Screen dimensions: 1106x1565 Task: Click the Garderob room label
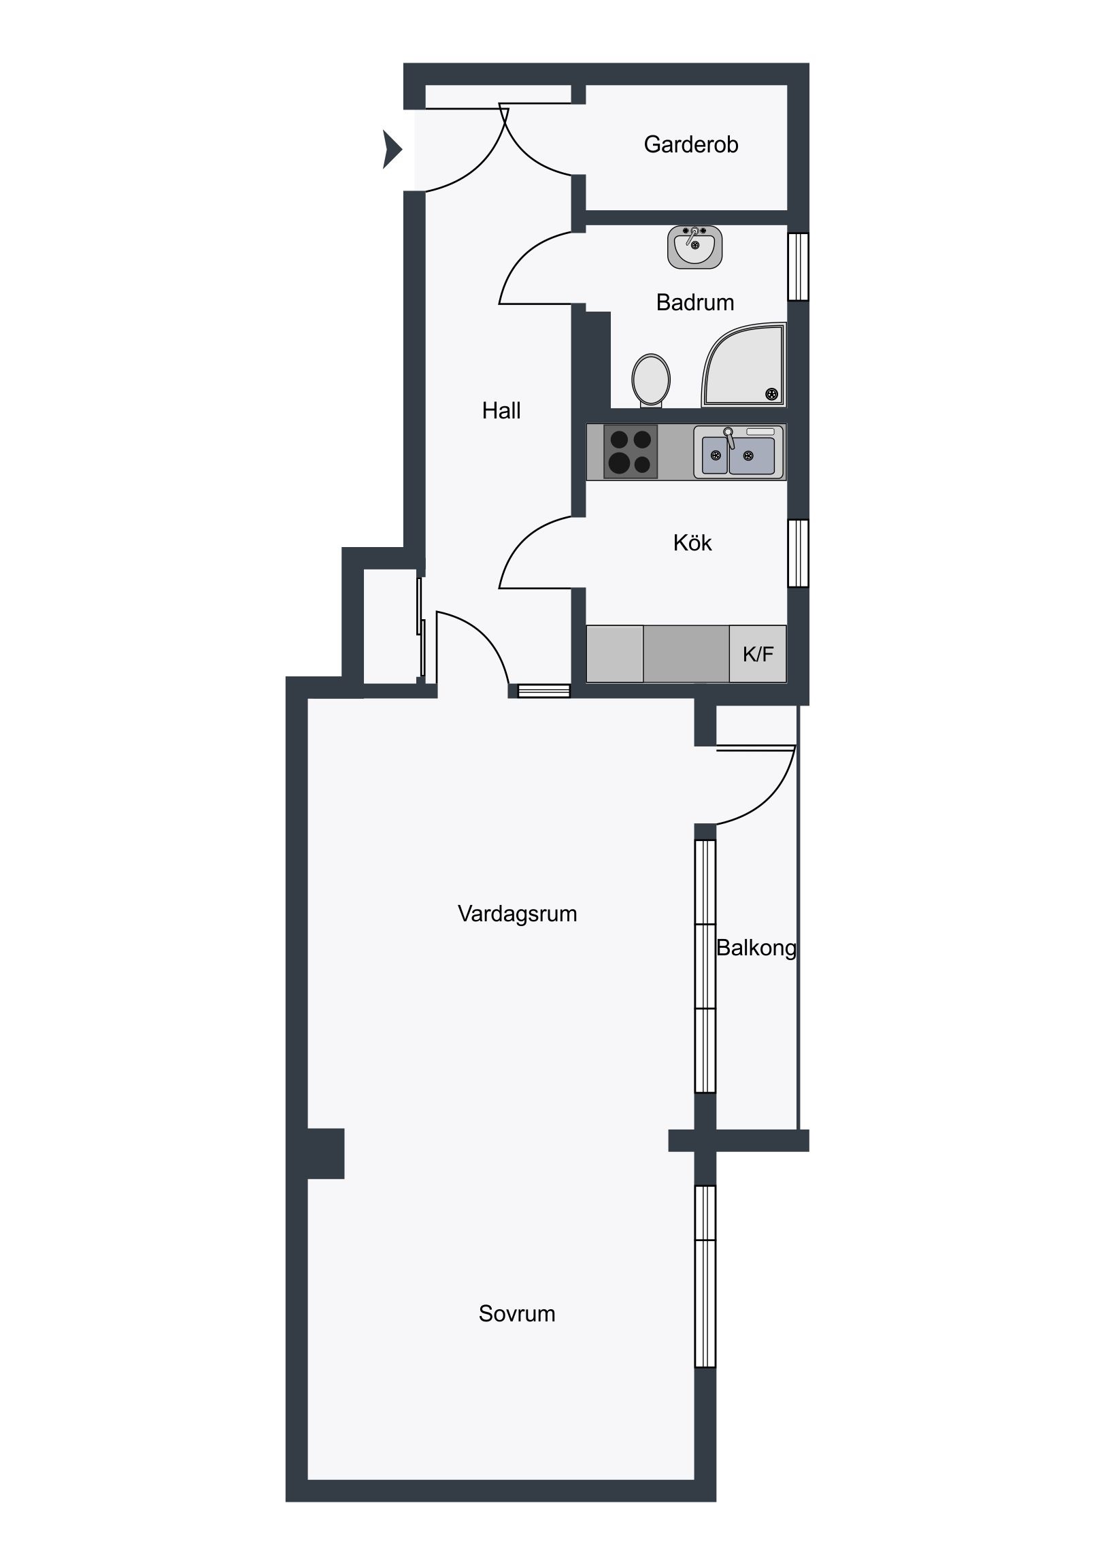(x=690, y=144)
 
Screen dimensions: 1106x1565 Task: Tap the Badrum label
(x=694, y=302)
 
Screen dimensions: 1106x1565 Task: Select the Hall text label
(x=501, y=410)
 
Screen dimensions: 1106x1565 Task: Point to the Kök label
(x=692, y=542)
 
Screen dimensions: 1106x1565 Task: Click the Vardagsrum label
(x=517, y=913)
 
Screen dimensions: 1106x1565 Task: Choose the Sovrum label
(x=516, y=1313)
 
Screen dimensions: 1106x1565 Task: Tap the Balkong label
(x=756, y=948)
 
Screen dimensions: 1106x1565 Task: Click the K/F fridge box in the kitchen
(x=758, y=654)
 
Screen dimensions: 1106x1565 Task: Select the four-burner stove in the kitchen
(x=631, y=452)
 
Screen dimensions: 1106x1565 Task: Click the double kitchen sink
(x=739, y=451)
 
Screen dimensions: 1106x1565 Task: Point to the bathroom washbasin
(x=694, y=247)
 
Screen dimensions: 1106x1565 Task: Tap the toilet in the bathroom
(x=651, y=380)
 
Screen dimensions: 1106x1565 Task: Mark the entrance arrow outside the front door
(x=392, y=148)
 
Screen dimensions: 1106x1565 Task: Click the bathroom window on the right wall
(x=798, y=267)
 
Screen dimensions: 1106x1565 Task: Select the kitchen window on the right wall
(x=798, y=553)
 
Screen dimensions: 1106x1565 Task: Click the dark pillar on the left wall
(x=326, y=1153)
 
